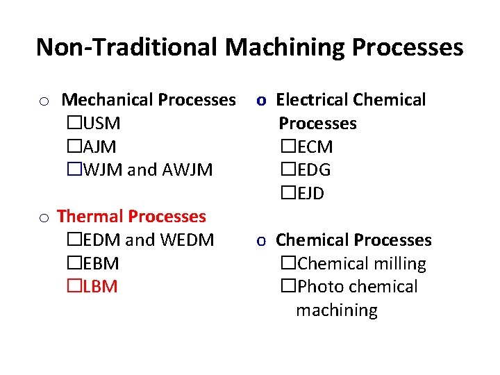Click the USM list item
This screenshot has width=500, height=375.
pyautogui.click(x=101, y=124)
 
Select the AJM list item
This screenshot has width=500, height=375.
pyautogui.click(x=100, y=147)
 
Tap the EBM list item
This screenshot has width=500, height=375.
pyautogui.click(x=101, y=264)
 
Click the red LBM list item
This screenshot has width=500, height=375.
pyautogui.click(x=100, y=287)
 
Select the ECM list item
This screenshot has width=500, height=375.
pyautogui.click(x=315, y=147)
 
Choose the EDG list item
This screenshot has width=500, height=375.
pyautogui.click(x=314, y=170)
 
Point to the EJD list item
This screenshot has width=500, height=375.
pyautogui.click(x=311, y=193)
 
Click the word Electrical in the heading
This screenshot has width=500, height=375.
pyautogui.click(x=312, y=100)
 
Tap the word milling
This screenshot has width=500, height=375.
pyautogui.click(x=396, y=264)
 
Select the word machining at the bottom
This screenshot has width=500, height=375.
pyautogui.click(x=337, y=310)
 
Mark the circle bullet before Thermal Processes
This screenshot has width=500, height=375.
pyautogui.click(x=43, y=219)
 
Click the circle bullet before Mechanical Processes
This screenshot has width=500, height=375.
pyautogui.click(x=43, y=102)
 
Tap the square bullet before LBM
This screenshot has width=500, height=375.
pyautogui.click(x=74, y=287)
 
